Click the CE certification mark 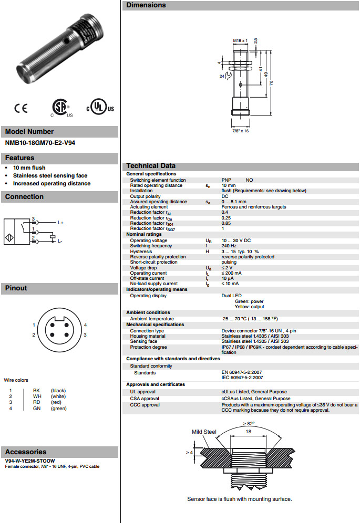[x=21, y=109]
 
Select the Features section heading [x=20, y=158]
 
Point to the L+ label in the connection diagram [x=60, y=223]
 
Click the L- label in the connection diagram [x=60, y=241]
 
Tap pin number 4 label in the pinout [x=85, y=325]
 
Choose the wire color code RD [x=36, y=402]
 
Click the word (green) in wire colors [x=58, y=408]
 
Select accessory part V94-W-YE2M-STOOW [x=30, y=461]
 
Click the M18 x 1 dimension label [x=240, y=40]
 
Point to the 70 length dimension [x=272, y=82]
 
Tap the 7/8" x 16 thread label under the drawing [x=240, y=130]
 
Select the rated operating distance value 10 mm [x=229, y=185]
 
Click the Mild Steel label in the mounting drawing [x=203, y=432]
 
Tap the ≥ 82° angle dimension [x=248, y=423]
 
